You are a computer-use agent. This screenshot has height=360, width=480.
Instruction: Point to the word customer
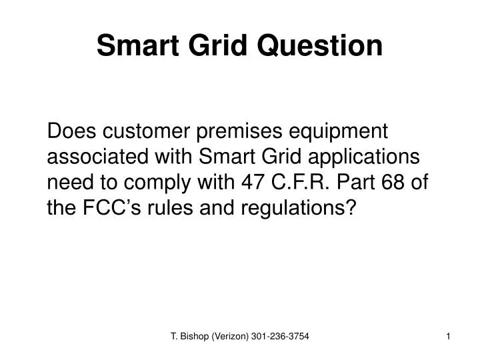(145, 131)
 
